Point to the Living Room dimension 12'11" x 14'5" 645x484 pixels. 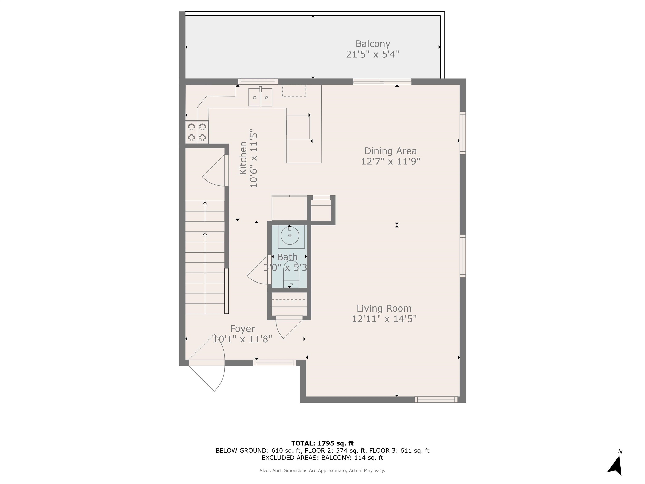coord(384,319)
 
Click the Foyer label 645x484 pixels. coord(242,329)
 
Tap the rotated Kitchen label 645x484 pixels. coord(243,158)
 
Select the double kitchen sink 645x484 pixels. coord(260,97)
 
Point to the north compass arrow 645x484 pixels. coord(616,466)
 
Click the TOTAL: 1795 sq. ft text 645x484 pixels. coord(322,443)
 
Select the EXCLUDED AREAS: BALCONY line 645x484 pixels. coord(322,458)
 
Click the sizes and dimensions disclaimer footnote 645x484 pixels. coord(322,470)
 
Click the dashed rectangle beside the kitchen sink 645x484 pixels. coord(294,91)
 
